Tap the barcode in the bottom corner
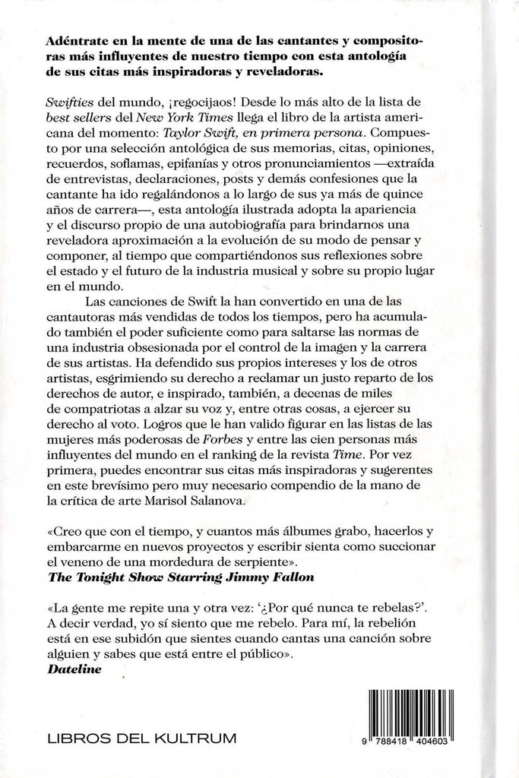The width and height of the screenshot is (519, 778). coord(432,713)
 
